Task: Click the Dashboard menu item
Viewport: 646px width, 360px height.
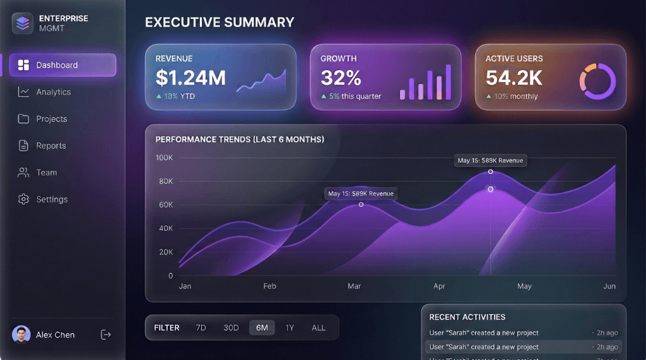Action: pos(62,65)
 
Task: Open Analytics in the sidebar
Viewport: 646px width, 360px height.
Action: pos(53,92)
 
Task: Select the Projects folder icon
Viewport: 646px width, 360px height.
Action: pos(23,119)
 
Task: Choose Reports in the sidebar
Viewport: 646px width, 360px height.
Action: pos(50,146)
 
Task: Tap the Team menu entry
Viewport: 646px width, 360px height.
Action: pos(46,172)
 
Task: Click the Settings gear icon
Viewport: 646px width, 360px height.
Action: pos(23,199)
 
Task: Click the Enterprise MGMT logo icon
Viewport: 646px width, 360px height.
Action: pos(22,23)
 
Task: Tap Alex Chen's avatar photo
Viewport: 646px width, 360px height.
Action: pos(21,334)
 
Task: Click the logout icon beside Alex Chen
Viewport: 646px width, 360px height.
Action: pos(106,335)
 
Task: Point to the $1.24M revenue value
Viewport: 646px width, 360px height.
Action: pos(191,78)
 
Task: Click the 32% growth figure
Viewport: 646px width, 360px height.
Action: pos(341,78)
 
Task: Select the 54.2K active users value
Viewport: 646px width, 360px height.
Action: pos(514,78)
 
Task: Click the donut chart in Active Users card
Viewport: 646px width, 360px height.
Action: pos(597,81)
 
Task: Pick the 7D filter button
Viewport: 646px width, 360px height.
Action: pos(201,328)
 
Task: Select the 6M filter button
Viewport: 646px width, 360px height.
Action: pos(262,328)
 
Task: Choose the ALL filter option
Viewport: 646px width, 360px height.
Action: pos(319,328)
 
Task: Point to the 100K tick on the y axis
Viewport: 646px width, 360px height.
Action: pos(164,157)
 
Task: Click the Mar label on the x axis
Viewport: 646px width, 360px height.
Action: pos(354,286)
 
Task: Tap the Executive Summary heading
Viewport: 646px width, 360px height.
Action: pos(220,23)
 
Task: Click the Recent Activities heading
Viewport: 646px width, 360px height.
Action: pos(467,317)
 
